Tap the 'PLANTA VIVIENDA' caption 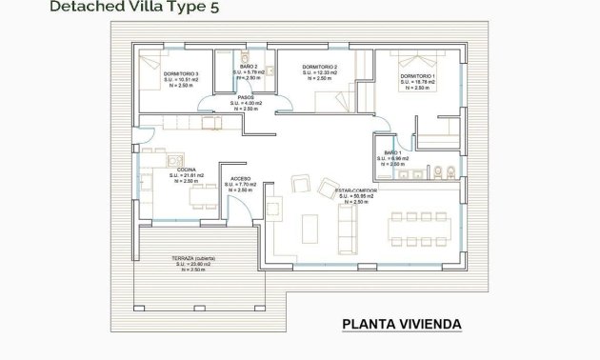(401, 325)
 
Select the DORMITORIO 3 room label (180, 73)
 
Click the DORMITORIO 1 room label (417, 75)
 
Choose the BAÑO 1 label (393, 152)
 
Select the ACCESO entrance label (242, 178)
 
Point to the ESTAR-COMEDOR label (355, 190)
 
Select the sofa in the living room (349, 225)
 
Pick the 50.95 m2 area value (354, 196)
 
